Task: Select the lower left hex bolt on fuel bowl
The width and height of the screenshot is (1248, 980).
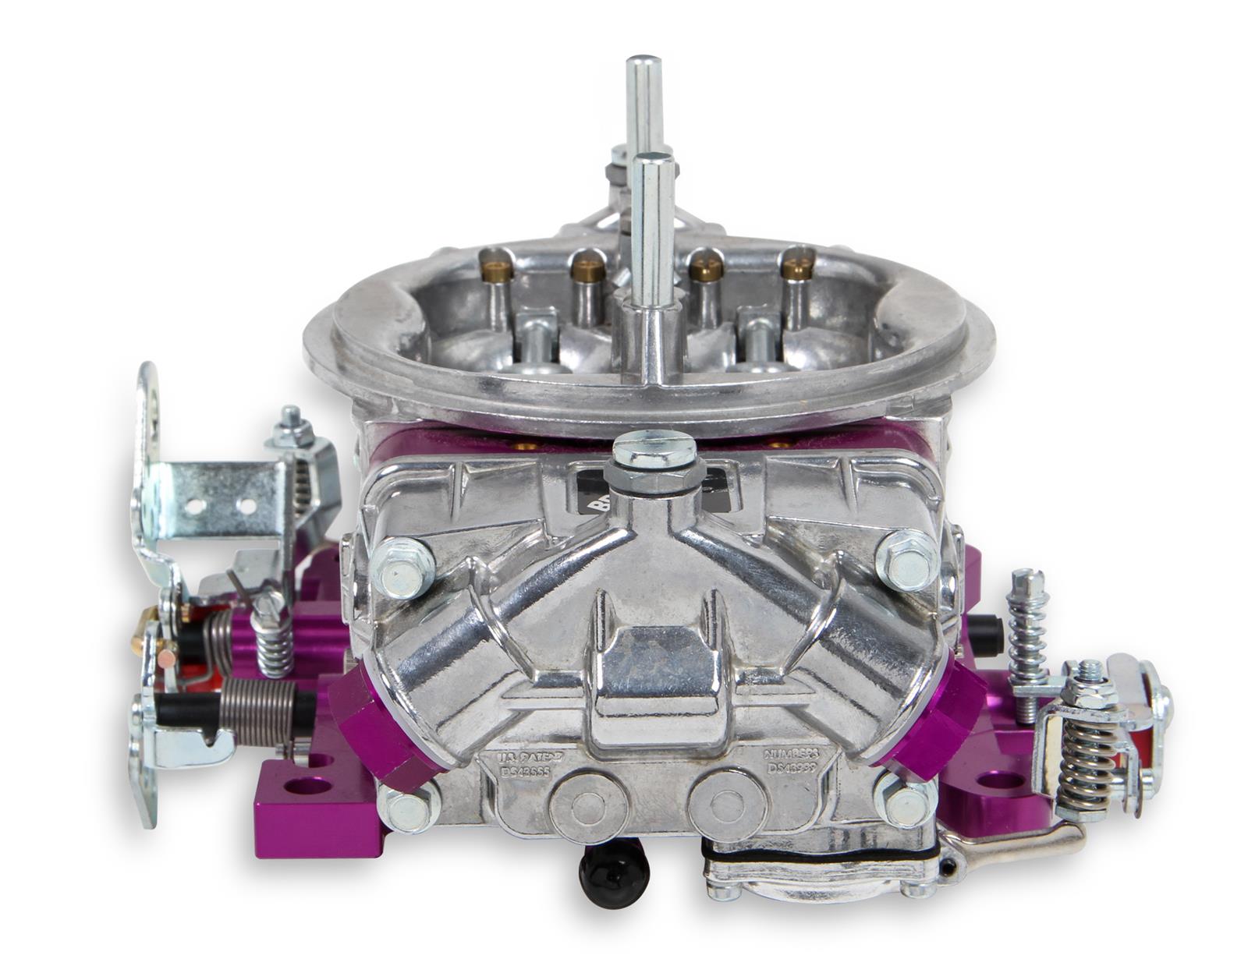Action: (407, 806)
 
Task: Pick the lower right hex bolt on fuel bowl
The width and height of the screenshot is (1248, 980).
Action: (905, 801)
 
